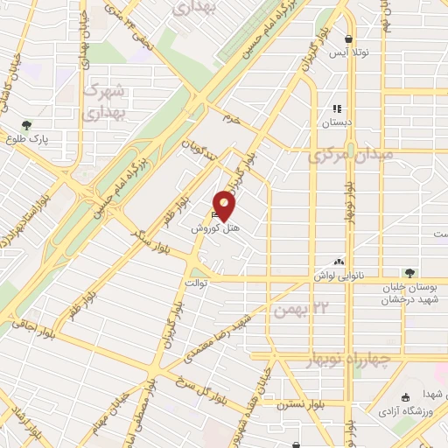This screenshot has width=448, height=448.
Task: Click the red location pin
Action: pos(225,206)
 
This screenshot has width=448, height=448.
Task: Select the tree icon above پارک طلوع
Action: pos(27,125)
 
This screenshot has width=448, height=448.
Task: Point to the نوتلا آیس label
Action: pos(350,53)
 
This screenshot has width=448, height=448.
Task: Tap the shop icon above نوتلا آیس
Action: pos(349,39)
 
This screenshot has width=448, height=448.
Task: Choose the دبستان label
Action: pos(337,123)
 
